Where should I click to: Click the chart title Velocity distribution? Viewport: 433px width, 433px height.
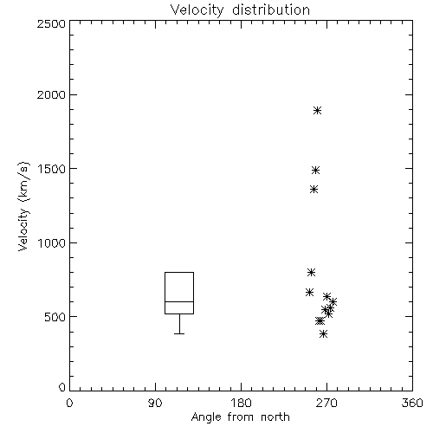coord(240,10)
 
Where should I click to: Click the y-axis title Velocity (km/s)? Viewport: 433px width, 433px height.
coord(23,206)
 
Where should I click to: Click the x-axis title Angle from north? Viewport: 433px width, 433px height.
coord(240,417)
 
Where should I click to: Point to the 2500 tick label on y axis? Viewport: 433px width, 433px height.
coord(51,23)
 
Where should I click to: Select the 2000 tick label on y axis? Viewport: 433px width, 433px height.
coord(51,94)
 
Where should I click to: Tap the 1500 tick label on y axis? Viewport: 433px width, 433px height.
coord(52,169)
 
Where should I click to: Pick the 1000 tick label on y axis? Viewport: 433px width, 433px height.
coord(52,242)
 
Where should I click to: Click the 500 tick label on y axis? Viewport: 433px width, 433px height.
coord(55,317)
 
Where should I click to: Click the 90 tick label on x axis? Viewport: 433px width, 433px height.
coord(155,403)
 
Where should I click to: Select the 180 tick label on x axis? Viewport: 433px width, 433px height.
coord(241,403)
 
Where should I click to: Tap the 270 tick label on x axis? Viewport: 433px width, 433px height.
coord(326,403)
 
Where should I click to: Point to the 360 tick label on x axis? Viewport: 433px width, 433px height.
coord(412,403)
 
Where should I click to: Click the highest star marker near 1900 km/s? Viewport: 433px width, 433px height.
coord(318,111)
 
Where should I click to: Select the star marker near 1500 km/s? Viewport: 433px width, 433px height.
coord(316,170)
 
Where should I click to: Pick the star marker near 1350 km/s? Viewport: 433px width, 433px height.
coord(314,190)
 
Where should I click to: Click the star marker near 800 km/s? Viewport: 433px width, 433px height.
coord(311,272)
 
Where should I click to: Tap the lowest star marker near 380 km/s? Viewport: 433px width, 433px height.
coord(324,334)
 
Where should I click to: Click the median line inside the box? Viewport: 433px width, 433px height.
coord(179,301)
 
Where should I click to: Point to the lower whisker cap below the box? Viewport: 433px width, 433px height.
coord(179,333)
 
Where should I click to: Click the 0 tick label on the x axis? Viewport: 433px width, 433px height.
coord(69,403)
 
